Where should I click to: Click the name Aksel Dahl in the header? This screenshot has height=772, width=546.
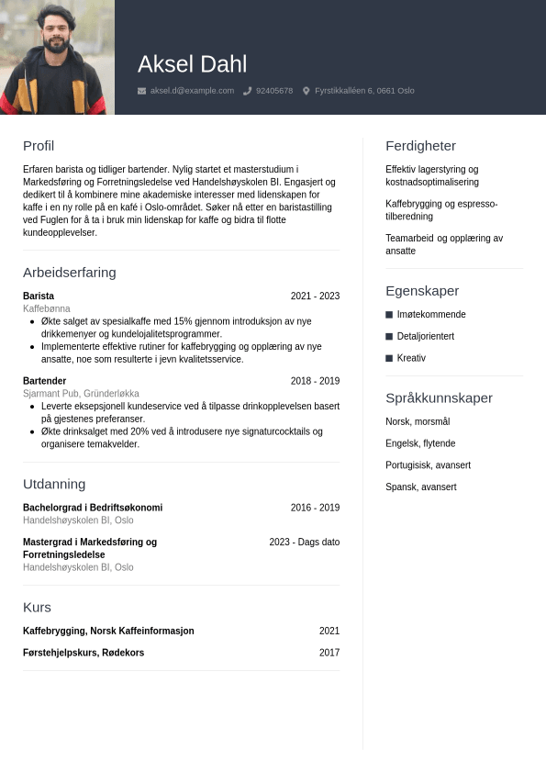(x=192, y=64)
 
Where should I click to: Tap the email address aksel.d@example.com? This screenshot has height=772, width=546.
(x=192, y=91)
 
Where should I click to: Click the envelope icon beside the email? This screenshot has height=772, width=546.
(x=141, y=91)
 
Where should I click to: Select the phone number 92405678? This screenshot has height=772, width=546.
(x=274, y=91)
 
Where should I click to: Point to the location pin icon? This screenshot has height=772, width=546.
(x=306, y=91)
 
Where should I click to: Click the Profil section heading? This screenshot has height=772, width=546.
(x=39, y=145)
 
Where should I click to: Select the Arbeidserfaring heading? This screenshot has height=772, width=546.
(x=70, y=272)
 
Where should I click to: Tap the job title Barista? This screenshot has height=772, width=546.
(x=39, y=296)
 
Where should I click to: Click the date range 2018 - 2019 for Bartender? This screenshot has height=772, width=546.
(x=315, y=381)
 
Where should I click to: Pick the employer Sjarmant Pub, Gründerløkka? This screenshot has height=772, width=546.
(x=81, y=394)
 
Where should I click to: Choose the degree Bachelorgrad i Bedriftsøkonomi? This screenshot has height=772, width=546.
(x=93, y=508)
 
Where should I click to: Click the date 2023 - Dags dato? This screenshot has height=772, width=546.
(x=304, y=543)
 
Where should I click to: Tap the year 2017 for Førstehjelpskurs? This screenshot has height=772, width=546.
(x=329, y=653)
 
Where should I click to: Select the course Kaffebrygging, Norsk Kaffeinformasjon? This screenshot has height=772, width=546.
(x=108, y=631)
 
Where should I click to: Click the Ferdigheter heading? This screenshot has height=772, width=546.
(x=420, y=145)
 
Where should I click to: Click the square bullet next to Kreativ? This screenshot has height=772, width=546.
(x=389, y=358)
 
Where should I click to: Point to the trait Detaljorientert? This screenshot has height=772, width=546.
(x=426, y=336)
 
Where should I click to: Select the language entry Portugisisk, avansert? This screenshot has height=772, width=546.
(x=428, y=465)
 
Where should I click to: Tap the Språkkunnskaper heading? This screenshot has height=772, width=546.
(x=439, y=397)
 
